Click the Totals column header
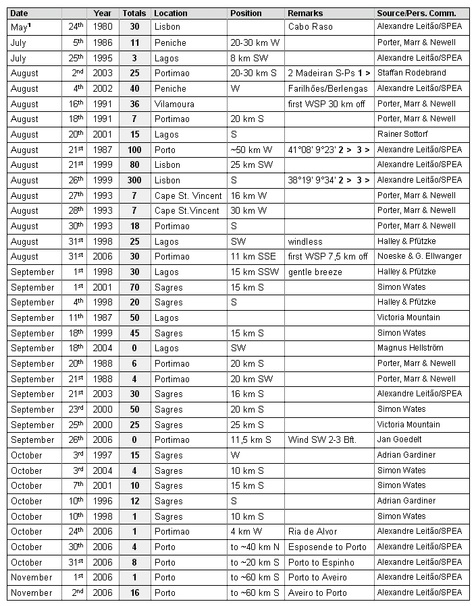[x=134, y=13]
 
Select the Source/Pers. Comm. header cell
[x=417, y=13]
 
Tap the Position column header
[x=246, y=13]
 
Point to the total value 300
[x=134, y=180]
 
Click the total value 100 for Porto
[x=134, y=150]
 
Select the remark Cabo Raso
[x=309, y=27]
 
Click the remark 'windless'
[x=305, y=241]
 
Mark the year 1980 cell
[x=103, y=27]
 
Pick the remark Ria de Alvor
[x=311, y=532]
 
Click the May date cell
[x=20, y=27]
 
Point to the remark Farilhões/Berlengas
[x=327, y=88]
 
